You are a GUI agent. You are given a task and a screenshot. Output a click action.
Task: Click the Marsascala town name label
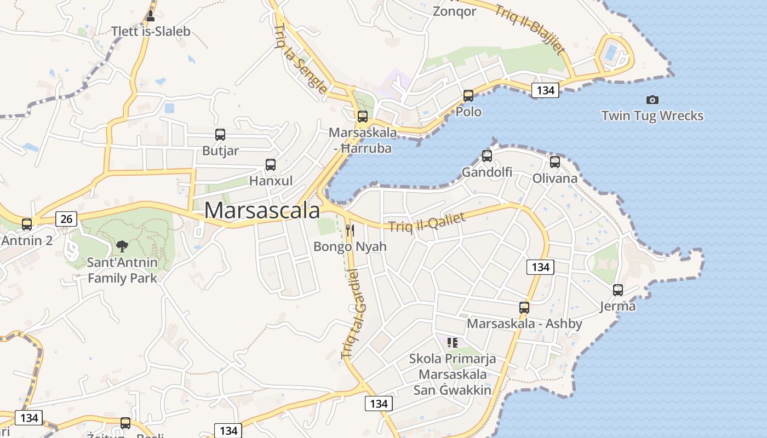[262, 211]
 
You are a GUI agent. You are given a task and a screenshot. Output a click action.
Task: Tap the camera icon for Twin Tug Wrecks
[652, 100]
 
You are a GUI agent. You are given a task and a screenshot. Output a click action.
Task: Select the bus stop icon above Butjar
[220, 135]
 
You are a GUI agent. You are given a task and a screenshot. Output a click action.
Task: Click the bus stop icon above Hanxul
[270, 165]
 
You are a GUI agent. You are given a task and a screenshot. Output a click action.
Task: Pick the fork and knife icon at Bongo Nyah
[350, 230]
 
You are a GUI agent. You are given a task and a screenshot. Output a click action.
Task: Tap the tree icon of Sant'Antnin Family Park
[122, 246]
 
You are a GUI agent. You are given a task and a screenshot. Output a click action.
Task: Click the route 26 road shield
[66, 219]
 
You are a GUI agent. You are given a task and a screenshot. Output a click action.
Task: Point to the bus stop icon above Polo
[468, 96]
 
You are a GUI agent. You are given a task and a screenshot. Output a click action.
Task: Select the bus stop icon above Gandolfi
[486, 156]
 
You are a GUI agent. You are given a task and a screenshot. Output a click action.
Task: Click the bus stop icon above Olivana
[555, 162]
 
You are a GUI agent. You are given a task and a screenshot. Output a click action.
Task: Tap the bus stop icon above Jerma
[618, 290]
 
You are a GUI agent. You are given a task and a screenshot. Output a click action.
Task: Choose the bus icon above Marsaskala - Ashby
[524, 308]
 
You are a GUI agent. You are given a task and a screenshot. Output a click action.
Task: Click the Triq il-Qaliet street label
[427, 222]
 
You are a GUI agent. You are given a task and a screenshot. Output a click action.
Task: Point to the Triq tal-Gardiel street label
[354, 313]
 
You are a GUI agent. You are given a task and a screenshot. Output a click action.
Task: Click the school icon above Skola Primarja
[452, 343]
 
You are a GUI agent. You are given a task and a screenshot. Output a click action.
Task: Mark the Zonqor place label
[454, 11]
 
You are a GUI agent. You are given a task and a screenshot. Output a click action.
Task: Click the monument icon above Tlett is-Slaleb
[151, 15]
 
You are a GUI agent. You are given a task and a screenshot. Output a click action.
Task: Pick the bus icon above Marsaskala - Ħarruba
[362, 117]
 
